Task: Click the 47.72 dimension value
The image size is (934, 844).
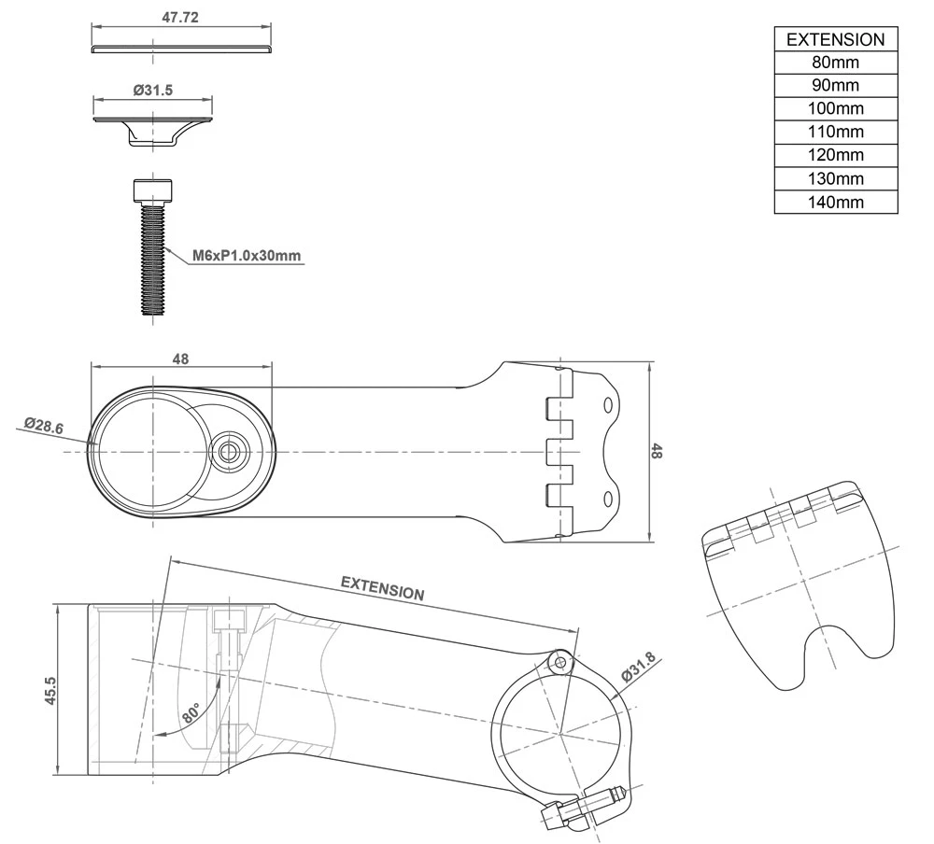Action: click(x=181, y=18)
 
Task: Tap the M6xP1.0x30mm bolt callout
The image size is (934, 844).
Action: click(x=248, y=254)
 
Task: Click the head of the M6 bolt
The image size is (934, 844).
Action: click(x=152, y=190)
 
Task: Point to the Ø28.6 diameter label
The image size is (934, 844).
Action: click(x=44, y=426)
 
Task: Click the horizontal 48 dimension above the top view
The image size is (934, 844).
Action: click(x=181, y=359)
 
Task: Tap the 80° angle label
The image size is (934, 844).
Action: click(x=191, y=714)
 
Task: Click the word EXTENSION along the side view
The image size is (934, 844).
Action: click(x=382, y=587)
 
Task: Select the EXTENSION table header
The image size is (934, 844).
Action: click(x=835, y=39)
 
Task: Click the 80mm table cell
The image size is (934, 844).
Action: click(x=835, y=63)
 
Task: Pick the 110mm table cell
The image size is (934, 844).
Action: click(x=835, y=132)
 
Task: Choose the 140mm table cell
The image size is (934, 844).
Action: click(x=835, y=202)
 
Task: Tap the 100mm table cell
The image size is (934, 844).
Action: click(x=835, y=108)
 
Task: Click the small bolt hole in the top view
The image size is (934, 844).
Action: click(x=227, y=452)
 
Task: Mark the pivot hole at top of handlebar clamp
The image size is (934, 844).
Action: click(x=560, y=661)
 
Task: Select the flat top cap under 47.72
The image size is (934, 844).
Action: click(x=182, y=48)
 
